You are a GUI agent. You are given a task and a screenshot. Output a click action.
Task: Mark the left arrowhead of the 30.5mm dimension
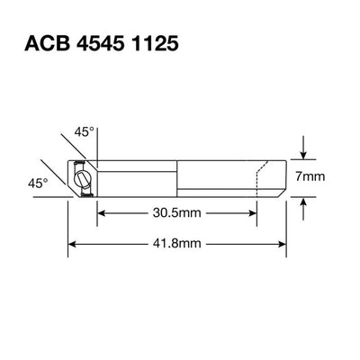click(x=100, y=213)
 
